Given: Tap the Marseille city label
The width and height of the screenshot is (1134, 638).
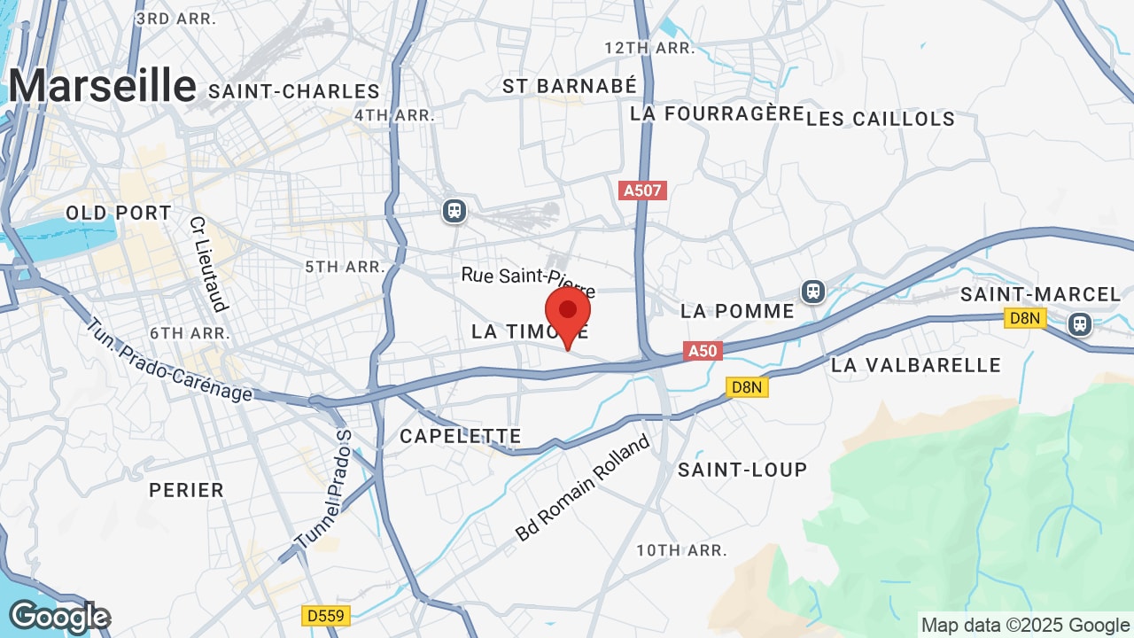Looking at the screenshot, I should (x=102, y=86).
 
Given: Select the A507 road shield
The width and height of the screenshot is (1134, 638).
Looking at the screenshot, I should (x=642, y=191).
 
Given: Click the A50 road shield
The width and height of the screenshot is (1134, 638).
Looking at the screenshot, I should (x=703, y=351).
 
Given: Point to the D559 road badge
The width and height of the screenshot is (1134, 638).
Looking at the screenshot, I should (x=326, y=615).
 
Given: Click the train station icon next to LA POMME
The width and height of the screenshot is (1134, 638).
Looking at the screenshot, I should (x=812, y=291).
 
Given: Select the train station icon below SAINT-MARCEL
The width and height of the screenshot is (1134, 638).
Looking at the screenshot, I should (x=1079, y=323).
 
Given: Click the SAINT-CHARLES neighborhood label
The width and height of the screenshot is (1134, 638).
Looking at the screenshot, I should (x=294, y=91).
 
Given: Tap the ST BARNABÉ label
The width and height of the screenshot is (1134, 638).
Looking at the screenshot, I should (x=570, y=86).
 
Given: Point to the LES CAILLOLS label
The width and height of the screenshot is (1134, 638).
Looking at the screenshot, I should (x=881, y=119).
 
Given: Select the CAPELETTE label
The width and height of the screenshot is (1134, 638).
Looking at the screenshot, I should (x=460, y=436).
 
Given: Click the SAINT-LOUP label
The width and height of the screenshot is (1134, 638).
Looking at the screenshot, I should (x=742, y=470).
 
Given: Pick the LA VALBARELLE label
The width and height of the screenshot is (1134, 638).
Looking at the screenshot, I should (x=916, y=365).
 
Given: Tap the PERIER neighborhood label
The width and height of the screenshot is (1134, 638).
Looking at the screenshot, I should (x=186, y=490).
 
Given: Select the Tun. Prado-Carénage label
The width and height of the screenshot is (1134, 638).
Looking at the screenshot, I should (x=169, y=361).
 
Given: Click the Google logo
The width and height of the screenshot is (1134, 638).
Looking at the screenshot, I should (x=58, y=618).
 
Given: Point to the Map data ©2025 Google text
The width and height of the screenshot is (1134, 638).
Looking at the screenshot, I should (x=1025, y=625).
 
